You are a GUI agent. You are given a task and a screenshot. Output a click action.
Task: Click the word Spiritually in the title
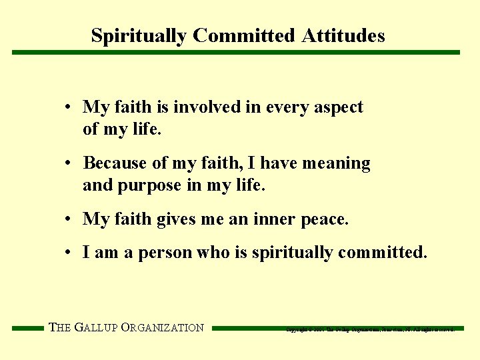point(139,35)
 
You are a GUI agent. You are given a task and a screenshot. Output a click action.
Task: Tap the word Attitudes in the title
point(343,35)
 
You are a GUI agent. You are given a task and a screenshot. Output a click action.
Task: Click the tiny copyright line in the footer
point(370,329)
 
